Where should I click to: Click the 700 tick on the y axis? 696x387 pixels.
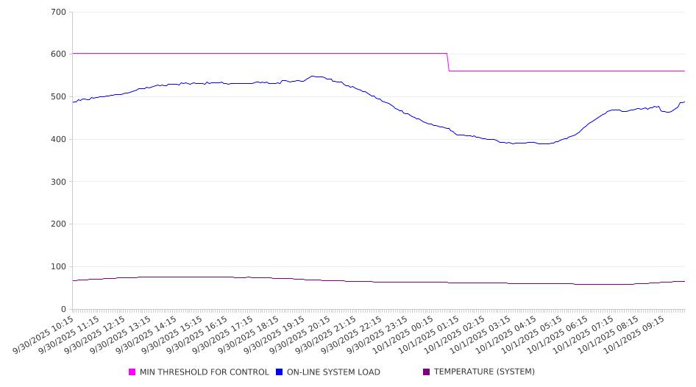[59, 13]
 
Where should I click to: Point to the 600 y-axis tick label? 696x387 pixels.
[59, 54]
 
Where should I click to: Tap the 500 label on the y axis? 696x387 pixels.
[59, 97]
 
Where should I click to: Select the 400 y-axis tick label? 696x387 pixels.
[59, 140]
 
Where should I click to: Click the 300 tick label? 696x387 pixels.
[59, 182]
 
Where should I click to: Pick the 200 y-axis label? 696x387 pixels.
[59, 224]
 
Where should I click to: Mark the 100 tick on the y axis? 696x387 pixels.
[59, 267]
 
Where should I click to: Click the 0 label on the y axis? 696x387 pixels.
[63, 309]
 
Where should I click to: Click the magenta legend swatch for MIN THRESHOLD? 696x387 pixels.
[132, 372]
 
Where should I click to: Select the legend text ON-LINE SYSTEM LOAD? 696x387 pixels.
[333, 372]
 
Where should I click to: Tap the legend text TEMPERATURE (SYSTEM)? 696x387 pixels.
[484, 372]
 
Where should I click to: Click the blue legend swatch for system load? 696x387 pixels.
[280, 372]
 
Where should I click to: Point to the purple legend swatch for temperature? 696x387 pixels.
[427, 372]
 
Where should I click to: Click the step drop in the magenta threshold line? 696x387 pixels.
[448, 62]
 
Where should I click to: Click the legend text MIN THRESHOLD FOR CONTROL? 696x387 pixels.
[205, 372]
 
